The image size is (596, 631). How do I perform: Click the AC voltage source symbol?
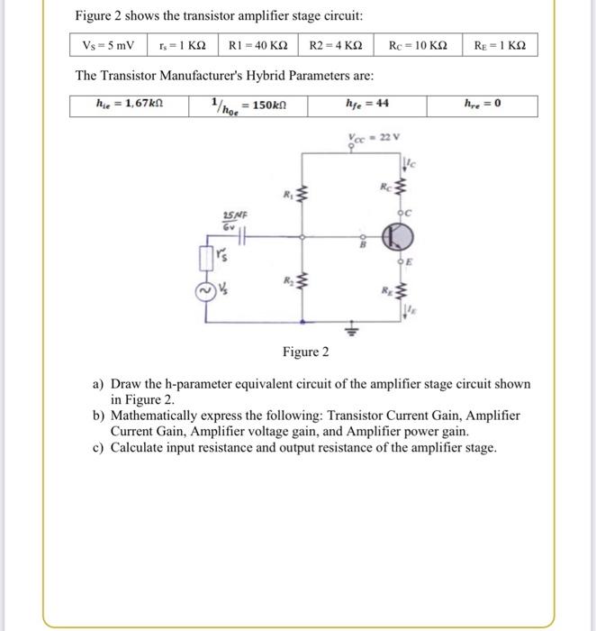coord(205,290)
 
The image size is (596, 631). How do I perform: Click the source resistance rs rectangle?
coord(205,260)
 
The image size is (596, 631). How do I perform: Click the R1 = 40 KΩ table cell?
coord(258,45)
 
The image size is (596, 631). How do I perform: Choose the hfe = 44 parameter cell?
coord(367,104)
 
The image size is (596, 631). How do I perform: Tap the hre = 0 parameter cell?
coord(485,104)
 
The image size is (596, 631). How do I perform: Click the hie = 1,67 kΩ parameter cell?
coord(130,104)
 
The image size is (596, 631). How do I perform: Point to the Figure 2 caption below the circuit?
coord(306,352)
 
